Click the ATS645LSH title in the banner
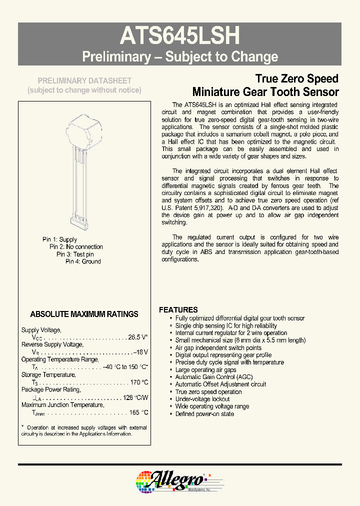pos(180,36)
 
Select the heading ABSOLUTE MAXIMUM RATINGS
pos(84,314)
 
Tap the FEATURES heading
pos(178,309)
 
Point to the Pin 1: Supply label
pos(59,239)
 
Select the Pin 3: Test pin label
pos(74,254)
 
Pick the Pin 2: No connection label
pos(76,247)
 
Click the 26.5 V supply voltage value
pos(138,337)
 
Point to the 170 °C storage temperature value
pos(138,382)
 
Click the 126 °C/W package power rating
pos(135,397)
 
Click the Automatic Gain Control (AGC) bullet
pos(213,377)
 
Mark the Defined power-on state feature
pos(204,414)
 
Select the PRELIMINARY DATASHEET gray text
pos(85,80)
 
